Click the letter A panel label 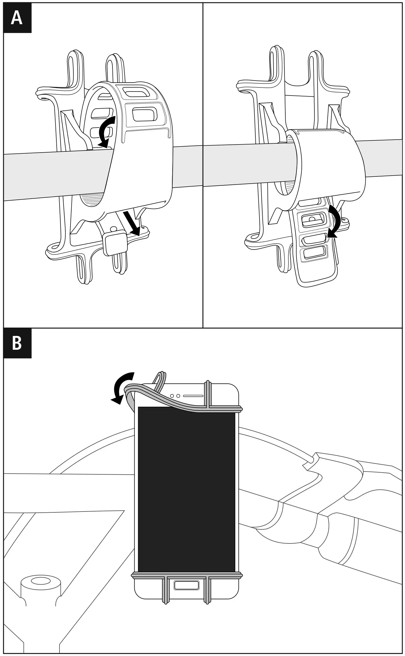click(x=17, y=18)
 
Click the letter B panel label click(x=17, y=343)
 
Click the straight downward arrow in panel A click(x=132, y=223)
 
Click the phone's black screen click(x=186, y=489)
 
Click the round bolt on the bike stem click(x=41, y=581)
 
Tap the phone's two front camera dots click(x=175, y=396)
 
